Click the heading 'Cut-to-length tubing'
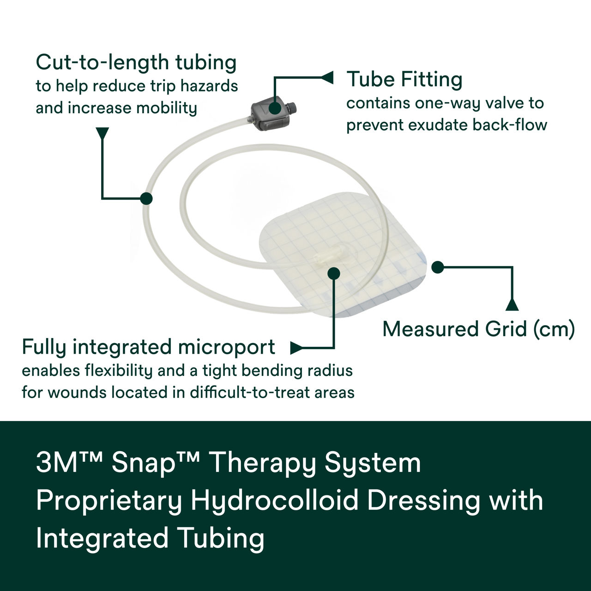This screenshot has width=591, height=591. point(136,62)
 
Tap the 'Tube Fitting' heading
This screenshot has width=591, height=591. point(404,79)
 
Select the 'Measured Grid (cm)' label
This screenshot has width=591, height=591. point(478,329)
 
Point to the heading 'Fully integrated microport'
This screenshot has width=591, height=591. point(148,347)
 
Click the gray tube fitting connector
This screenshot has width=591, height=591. point(272,115)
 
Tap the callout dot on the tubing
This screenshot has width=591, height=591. point(146,199)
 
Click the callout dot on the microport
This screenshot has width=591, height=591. point(333,273)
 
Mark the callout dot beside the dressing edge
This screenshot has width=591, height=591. point(437,267)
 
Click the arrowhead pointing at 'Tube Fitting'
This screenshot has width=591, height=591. point(327,78)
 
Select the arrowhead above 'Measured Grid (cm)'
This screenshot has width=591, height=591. point(512,305)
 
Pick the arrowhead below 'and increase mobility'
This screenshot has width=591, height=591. point(102,133)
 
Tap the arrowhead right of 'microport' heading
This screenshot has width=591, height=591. point(296,348)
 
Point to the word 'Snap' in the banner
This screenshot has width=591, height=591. point(143,463)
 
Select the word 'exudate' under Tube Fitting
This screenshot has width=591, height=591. point(434,125)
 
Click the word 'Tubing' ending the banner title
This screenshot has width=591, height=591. point(221,538)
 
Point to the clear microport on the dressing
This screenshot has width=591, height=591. point(328,253)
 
